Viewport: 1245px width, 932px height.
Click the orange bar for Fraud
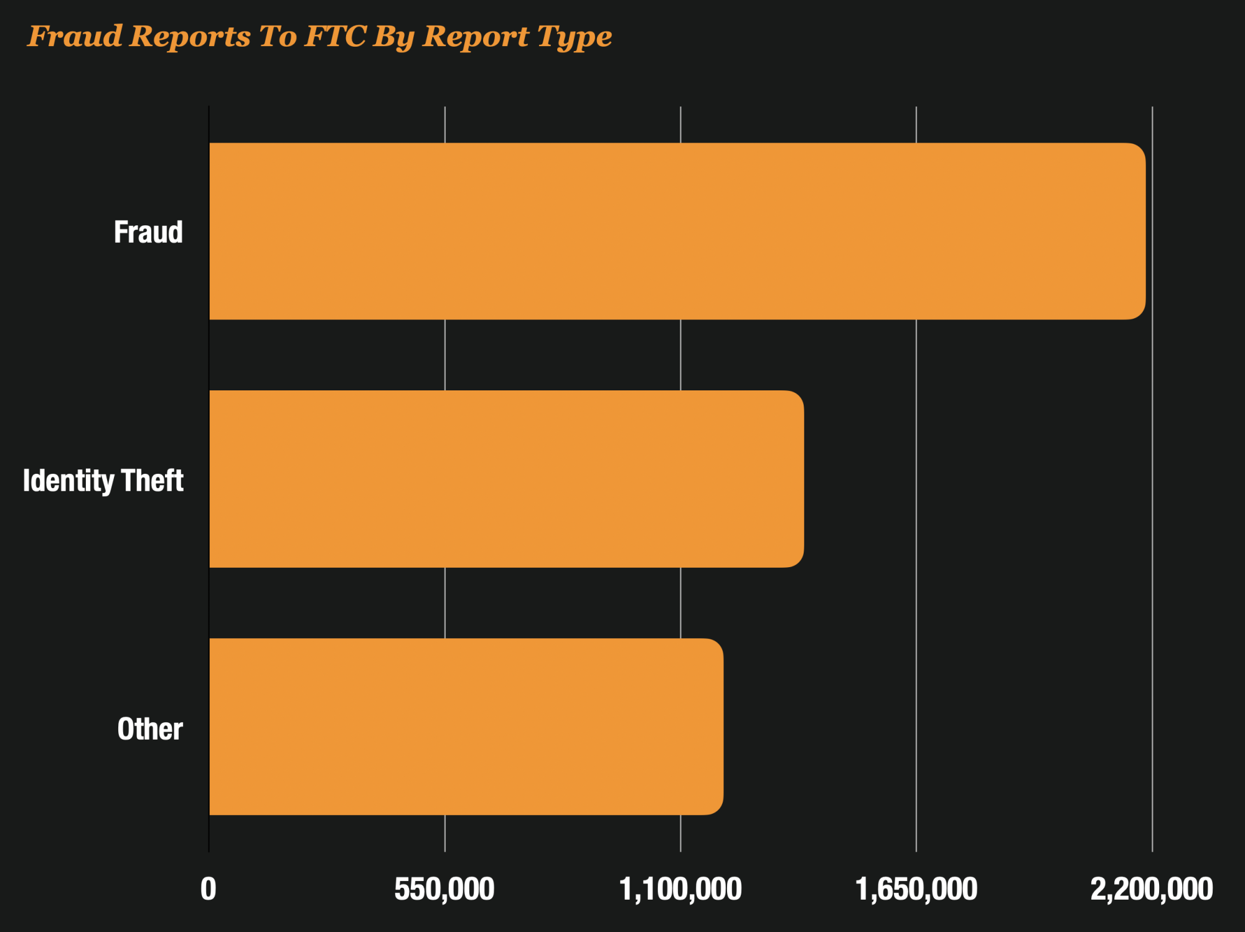[677, 231]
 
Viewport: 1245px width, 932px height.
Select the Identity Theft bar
[506, 479]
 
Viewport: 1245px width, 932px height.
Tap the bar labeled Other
[466, 727]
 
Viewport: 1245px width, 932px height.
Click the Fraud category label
[148, 232]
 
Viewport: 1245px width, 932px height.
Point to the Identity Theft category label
[103, 481]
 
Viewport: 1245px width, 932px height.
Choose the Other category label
[150, 729]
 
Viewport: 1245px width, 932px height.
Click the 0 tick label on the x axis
[209, 889]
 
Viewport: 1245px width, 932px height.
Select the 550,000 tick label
[444, 889]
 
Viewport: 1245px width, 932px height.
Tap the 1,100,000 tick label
[680, 889]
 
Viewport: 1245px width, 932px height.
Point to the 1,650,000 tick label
[916, 889]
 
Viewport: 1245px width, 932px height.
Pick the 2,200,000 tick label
[1152, 889]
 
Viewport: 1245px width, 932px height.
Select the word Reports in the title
[190, 36]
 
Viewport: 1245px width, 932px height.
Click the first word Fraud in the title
[75, 36]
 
